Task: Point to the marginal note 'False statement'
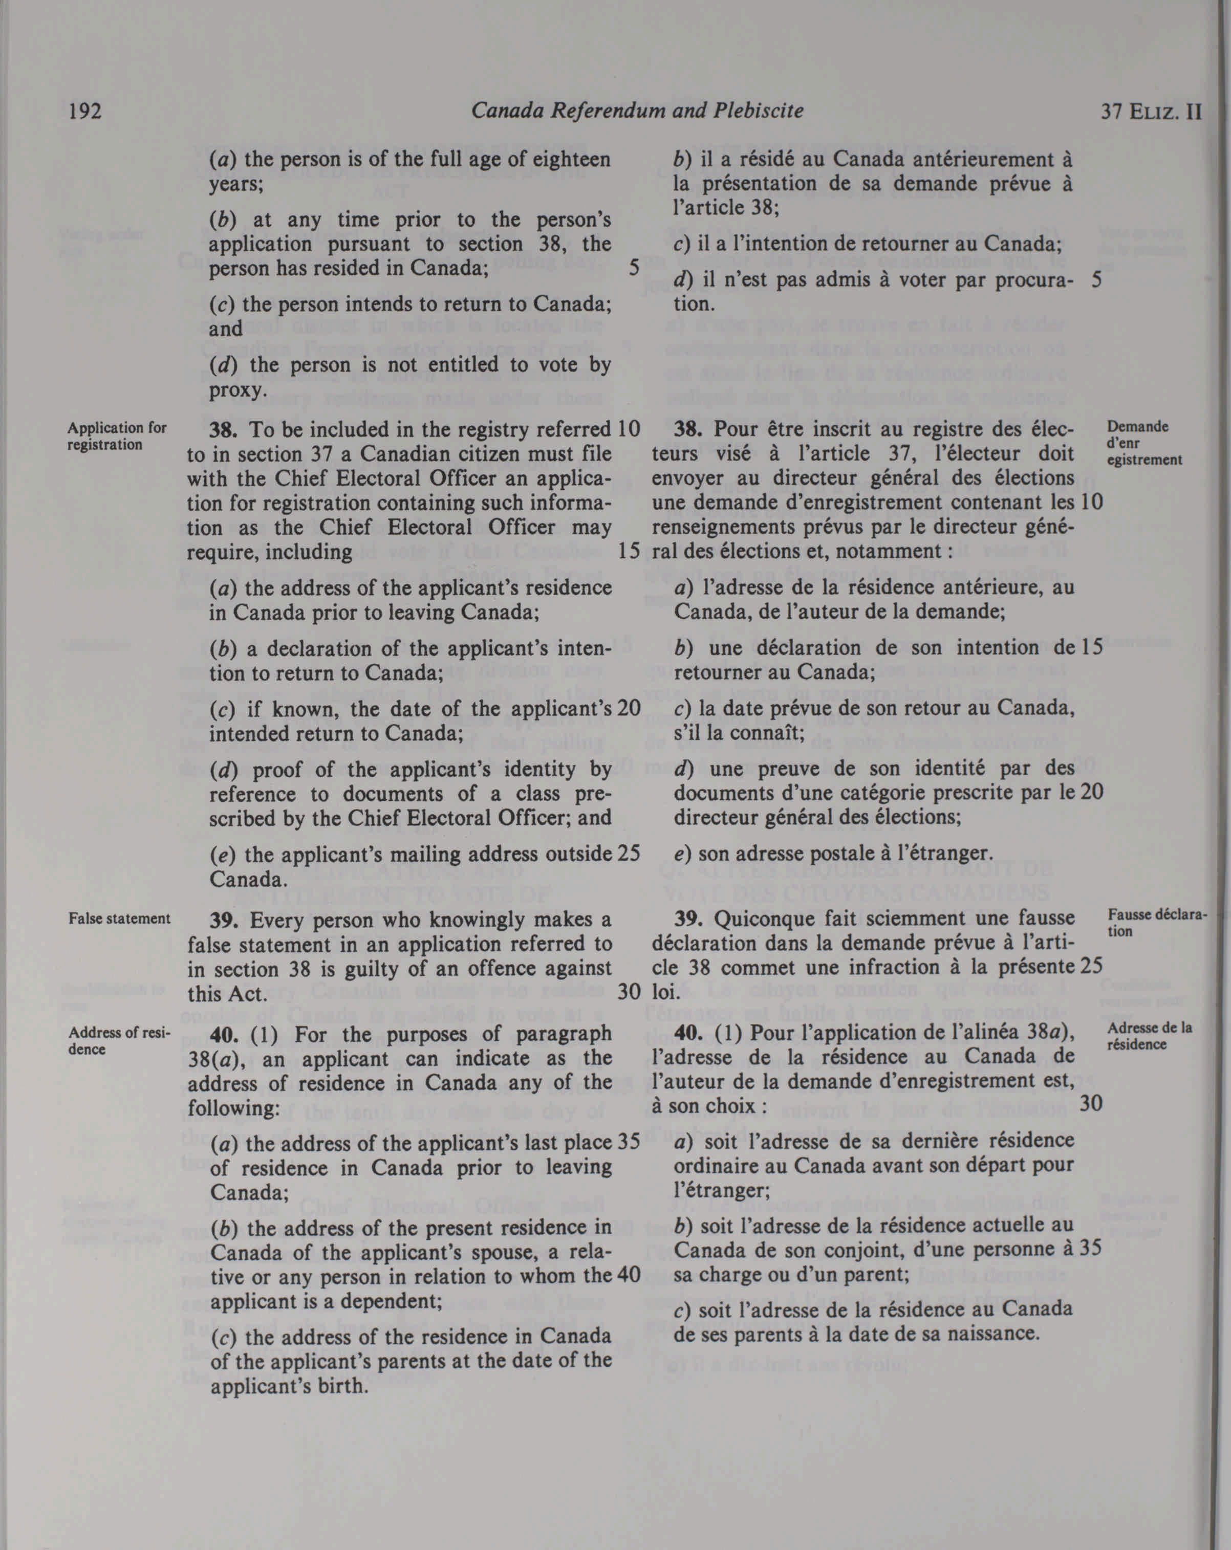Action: pos(119,919)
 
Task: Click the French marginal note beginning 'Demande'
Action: pos(1143,443)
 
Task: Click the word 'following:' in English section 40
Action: pos(234,1108)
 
